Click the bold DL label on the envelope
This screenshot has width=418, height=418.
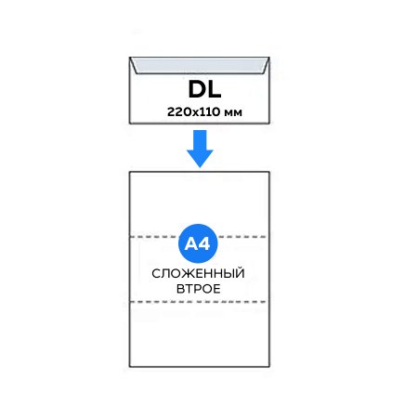204,89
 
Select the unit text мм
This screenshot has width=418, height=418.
233,113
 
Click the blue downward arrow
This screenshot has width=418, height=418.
200,149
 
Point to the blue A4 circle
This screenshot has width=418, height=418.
198,243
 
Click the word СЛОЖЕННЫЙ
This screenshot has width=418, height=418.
198,274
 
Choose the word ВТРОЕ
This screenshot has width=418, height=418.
199,289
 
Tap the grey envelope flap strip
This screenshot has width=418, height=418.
200,66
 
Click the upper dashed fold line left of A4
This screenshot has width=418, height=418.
155,237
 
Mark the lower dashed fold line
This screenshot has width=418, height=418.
198,302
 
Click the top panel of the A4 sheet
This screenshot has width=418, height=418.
200,204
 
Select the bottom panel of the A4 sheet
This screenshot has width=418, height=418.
200,334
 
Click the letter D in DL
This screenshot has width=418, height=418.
197,89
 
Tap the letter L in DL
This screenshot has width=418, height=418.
215,89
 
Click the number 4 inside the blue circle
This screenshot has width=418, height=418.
204,244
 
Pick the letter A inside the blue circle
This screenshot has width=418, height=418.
191,244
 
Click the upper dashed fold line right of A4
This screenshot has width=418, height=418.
242,237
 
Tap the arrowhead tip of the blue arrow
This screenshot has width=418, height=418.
200,167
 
